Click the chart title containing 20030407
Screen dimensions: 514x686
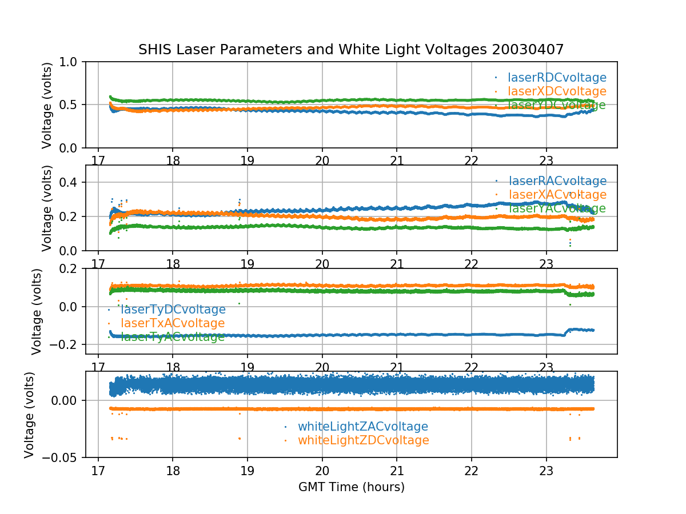(351, 50)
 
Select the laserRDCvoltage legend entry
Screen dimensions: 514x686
(557, 78)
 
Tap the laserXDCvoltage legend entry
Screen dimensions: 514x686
(557, 91)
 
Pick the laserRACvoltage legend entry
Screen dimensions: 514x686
(557, 181)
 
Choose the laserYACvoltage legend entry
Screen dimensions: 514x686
(557, 208)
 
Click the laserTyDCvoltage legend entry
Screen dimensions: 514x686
(173, 310)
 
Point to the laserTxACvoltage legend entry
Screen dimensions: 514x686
(173, 323)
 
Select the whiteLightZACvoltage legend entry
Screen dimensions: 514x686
(362, 427)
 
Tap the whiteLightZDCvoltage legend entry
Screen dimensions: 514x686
(363, 440)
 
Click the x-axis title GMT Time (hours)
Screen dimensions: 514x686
(351, 487)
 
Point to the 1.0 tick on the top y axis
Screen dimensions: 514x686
(72, 62)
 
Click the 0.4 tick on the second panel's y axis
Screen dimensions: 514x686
(72, 182)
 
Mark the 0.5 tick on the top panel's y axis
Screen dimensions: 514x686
(72, 105)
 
